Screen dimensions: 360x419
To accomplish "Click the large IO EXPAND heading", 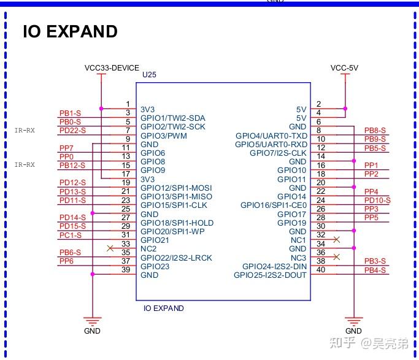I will point(70,31).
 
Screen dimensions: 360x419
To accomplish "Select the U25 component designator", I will point(149,75).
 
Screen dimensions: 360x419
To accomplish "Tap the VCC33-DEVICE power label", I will point(112,68).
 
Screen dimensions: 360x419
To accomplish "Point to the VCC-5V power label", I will point(344,68).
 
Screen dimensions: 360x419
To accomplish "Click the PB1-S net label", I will point(70,113).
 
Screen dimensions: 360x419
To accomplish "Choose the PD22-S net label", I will point(72,131).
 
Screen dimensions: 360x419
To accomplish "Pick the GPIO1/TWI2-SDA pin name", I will point(172,118).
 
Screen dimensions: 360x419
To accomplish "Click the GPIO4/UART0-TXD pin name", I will point(271,136).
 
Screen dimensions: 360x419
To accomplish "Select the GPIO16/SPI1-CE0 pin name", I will point(273,205).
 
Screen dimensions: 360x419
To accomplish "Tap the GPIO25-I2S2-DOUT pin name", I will point(270,275).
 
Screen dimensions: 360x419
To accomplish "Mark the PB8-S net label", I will point(375,131).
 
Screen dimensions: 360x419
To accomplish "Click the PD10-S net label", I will point(377,201).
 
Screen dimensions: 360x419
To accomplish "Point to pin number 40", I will point(320,270).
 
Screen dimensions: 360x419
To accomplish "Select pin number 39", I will point(126,270).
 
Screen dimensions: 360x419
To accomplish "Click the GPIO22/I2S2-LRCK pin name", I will point(176,258).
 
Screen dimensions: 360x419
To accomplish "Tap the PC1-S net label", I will point(70,236).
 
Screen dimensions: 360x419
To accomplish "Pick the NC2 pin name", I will point(148,249).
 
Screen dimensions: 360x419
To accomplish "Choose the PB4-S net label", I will point(375,270).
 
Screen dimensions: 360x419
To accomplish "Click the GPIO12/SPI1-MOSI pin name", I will point(176,188).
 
